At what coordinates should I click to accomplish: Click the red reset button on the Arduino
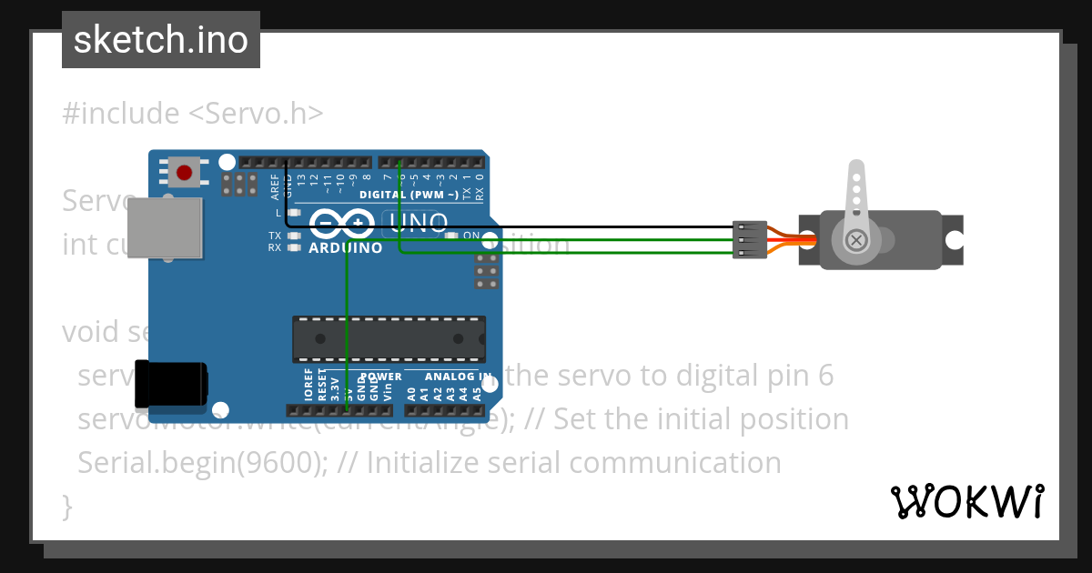[x=185, y=172]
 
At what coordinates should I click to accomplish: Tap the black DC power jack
[x=170, y=384]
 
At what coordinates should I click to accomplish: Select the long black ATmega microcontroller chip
[x=389, y=338]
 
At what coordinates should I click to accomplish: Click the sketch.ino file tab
[x=161, y=40]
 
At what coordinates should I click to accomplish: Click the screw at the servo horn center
[x=855, y=240]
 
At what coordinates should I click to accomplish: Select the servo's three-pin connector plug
[x=749, y=240]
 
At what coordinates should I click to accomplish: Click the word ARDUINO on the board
[x=345, y=247]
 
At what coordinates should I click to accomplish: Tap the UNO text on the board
[x=418, y=223]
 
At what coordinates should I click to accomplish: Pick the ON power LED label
[x=471, y=236]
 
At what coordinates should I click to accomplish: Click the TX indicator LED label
[x=274, y=236]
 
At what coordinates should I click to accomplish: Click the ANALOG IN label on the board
[x=458, y=376]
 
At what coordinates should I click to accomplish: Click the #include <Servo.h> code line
[x=192, y=114]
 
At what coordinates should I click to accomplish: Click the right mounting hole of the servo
[x=953, y=240]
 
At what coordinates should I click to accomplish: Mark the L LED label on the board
[x=278, y=212]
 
